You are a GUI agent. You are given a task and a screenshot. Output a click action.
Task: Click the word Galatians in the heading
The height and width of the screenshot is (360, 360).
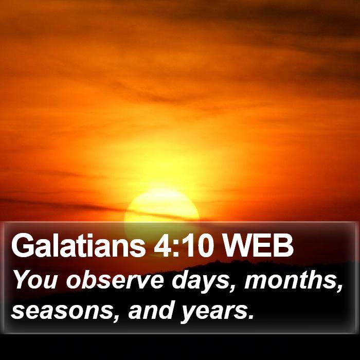click(x=78, y=246)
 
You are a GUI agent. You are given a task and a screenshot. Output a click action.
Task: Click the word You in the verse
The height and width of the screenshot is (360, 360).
click(x=37, y=280)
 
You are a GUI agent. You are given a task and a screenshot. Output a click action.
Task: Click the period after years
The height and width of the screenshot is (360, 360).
click(x=251, y=317)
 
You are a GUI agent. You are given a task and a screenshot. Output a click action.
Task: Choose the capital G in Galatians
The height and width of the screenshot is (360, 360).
click(x=22, y=246)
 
